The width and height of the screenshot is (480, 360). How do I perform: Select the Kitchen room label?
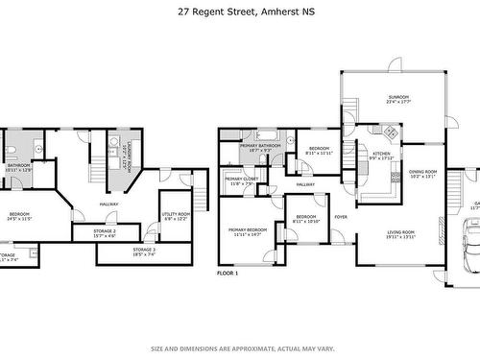(381, 154)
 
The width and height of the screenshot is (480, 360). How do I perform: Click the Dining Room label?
(422, 145)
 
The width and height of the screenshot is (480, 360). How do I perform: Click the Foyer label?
(341, 217)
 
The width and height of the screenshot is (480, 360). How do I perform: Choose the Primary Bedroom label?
(248, 230)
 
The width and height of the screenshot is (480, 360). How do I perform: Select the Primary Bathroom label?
(260, 146)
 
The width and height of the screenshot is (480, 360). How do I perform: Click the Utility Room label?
(177, 214)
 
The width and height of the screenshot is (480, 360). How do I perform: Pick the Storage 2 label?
(105, 231)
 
